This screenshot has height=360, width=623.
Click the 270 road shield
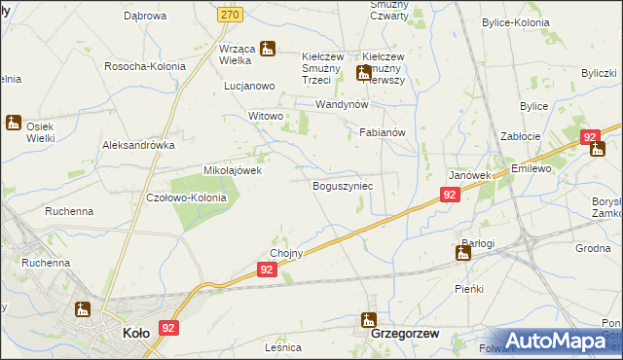click(257, 16)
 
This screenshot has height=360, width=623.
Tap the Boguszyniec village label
click(343, 185)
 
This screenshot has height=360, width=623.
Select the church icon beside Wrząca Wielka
click(266, 48)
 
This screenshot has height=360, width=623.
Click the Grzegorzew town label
click(407, 333)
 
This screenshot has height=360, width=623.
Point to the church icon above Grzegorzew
click(369, 318)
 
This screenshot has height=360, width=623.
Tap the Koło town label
click(135, 333)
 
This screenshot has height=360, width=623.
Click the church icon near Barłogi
click(463, 253)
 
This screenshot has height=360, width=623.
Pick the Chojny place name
click(287, 254)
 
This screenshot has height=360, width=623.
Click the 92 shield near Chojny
click(271, 275)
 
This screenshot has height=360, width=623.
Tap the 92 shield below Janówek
click(449, 195)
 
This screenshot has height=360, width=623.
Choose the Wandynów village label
click(341, 104)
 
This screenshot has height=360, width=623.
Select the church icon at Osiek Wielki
click(14, 123)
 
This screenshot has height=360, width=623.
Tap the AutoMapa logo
click(557, 341)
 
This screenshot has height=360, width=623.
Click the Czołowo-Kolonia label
click(186, 198)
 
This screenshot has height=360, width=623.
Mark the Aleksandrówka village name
click(138, 144)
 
